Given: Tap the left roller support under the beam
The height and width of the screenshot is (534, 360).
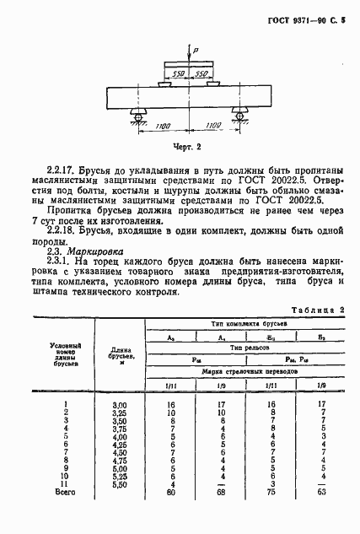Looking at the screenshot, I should pos(133,112).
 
